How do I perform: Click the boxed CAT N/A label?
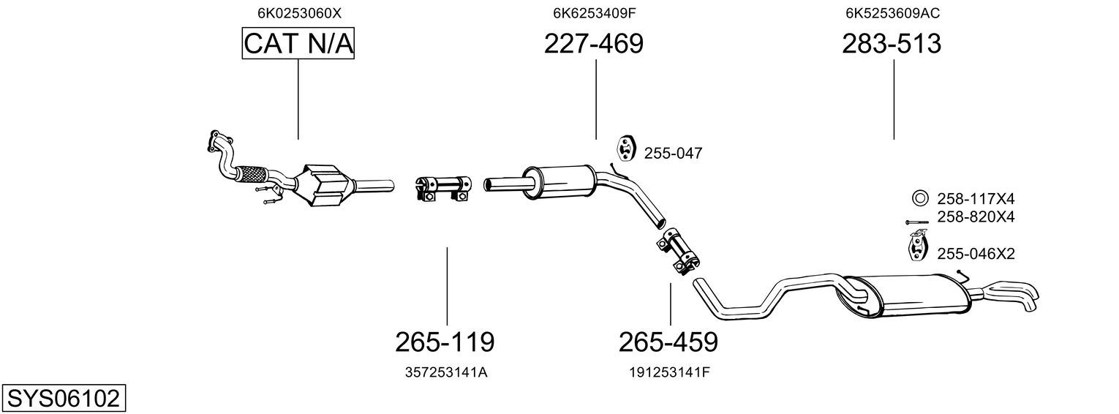pyautogui.click(x=298, y=43)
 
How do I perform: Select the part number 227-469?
pyautogui.click(x=593, y=44)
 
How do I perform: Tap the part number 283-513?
pyautogui.click(x=892, y=44)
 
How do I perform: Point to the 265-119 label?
pyautogui.click(x=445, y=342)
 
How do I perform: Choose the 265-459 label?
pyautogui.click(x=668, y=342)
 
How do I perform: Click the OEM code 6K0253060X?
pyautogui.click(x=299, y=13)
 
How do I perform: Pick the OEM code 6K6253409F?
pyautogui.click(x=595, y=13)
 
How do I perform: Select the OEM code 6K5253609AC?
pyautogui.click(x=893, y=13)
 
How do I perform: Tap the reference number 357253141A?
pyautogui.click(x=446, y=372)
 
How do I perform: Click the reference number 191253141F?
pyautogui.click(x=669, y=372)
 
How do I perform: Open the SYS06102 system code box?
pyautogui.click(x=64, y=398)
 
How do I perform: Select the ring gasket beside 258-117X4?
pyautogui.click(x=919, y=199)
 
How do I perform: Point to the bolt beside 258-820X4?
pyautogui.click(x=916, y=221)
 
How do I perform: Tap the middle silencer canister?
pyautogui.click(x=559, y=182)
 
